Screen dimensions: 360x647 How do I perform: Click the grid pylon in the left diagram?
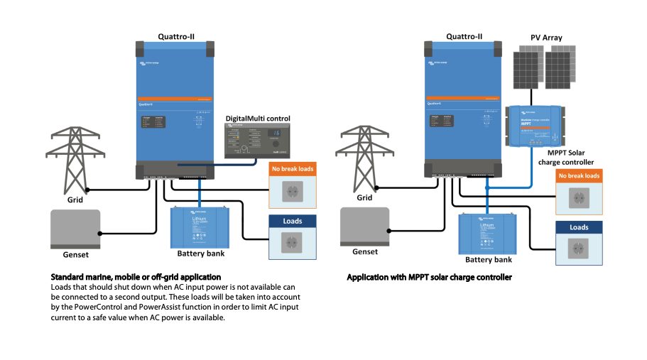pyautogui.click(x=71, y=159)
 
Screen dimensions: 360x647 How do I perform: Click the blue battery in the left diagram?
pyautogui.click(x=200, y=225)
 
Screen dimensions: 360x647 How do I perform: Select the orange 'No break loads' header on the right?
pyautogui.click(x=579, y=175)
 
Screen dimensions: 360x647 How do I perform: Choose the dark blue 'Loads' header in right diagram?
pyautogui.click(x=579, y=227)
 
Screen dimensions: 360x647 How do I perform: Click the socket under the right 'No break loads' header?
pyautogui.click(x=578, y=196)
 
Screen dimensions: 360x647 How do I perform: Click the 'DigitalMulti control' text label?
pyautogui.click(x=258, y=117)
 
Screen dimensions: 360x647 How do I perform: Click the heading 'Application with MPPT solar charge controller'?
pyautogui.click(x=429, y=277)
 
